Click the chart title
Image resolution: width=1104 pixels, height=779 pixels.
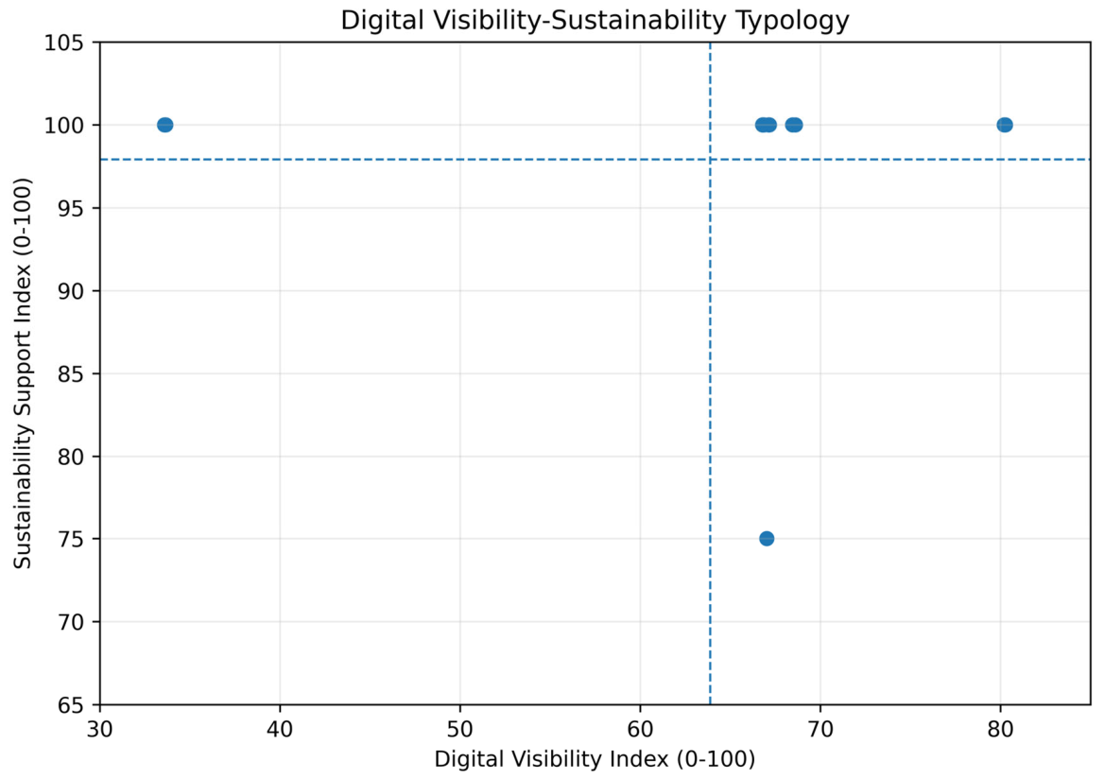point(595,20)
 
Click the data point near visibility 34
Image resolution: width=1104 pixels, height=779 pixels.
point(164,125)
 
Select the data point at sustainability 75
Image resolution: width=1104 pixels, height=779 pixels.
point(767,539)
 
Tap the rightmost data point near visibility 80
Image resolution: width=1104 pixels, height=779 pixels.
point(1005,125)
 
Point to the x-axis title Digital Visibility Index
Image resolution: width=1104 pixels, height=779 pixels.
point(595,759)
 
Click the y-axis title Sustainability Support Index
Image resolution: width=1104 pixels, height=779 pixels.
point(23,373)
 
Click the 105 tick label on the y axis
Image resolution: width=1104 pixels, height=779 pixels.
point(63,43)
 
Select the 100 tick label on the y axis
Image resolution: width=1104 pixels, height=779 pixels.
point(63,126)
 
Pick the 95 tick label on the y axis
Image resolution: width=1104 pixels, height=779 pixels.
point(70,209)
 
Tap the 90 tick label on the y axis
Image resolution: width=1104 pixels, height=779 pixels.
point(70,291)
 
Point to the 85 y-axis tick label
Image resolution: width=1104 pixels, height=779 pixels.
point(70,374)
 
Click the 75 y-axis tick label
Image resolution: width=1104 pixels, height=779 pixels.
point(70,540)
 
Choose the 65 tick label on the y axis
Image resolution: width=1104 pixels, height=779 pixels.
point(70,705)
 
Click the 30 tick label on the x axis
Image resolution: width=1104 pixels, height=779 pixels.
point(100,728)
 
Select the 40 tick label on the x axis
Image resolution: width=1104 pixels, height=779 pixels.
point(280,728)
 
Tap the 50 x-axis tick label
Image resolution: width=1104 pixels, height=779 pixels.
point(460,728)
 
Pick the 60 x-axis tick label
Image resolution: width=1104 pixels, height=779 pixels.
point(641,728)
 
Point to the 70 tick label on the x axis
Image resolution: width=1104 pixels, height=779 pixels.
point(821,728)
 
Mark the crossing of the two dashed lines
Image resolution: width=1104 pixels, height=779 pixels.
point(710,159)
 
